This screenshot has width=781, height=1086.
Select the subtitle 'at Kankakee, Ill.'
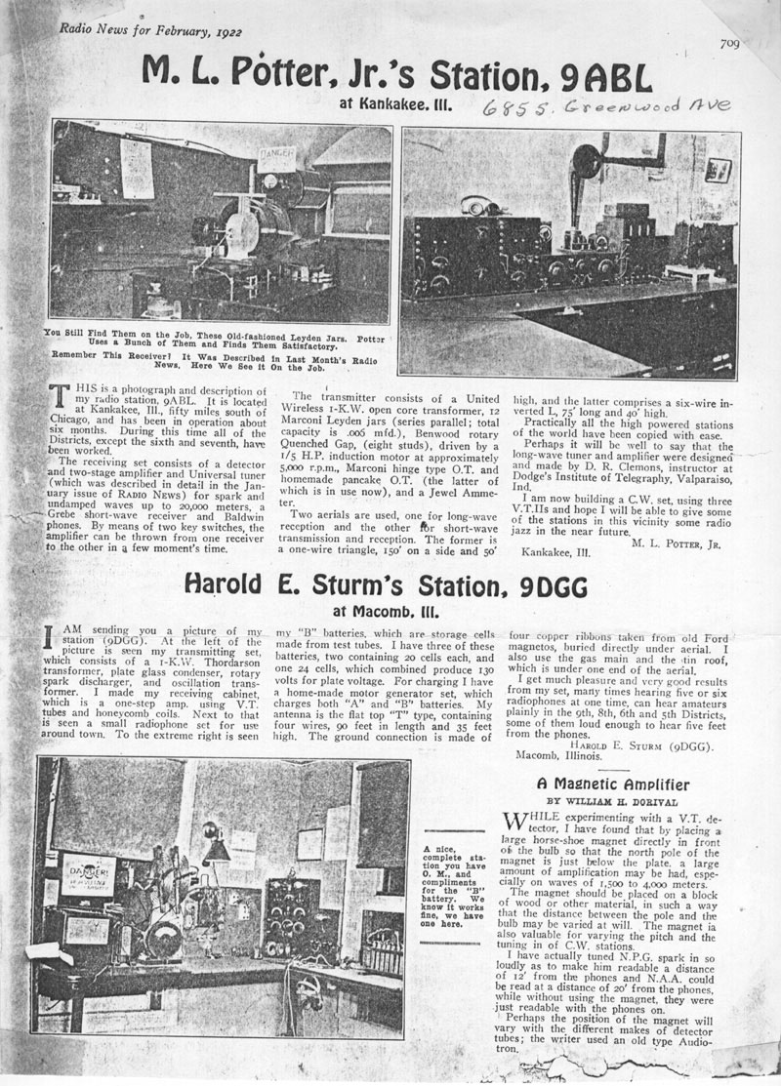point(394,102)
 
